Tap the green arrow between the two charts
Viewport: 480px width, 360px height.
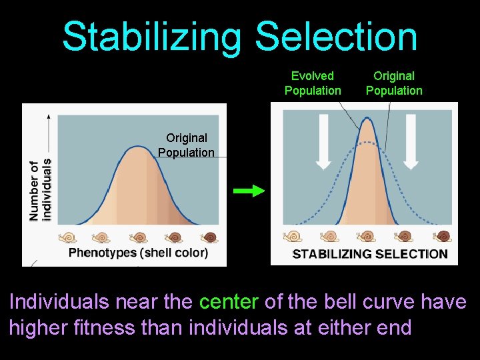click(x=249, y=191)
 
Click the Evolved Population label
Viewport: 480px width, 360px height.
click(x=313, y=83)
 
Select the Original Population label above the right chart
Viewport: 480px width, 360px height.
click(x=394, y=83)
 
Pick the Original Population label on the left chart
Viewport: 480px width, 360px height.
click(x=187, y=145)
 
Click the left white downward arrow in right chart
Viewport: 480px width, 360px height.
click(x=323, y=141)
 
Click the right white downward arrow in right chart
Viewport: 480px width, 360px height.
click(x=411, y=141)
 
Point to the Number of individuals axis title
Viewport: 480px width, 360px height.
click(x=39, y=190)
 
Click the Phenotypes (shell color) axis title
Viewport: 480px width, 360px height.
click(x=138, y=253)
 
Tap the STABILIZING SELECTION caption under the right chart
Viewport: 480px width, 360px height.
click(x=370, y=254)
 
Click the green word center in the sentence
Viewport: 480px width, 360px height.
click(x=228, y=302)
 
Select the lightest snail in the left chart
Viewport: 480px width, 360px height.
click(x=67, y=237)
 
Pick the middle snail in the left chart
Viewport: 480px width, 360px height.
click(x=139, y=237)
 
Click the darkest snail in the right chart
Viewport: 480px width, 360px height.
click(x=442, y=236)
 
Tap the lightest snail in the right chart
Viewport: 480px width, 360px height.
click(x=293, y=236)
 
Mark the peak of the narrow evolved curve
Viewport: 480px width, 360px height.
click(x=367, y=119)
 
